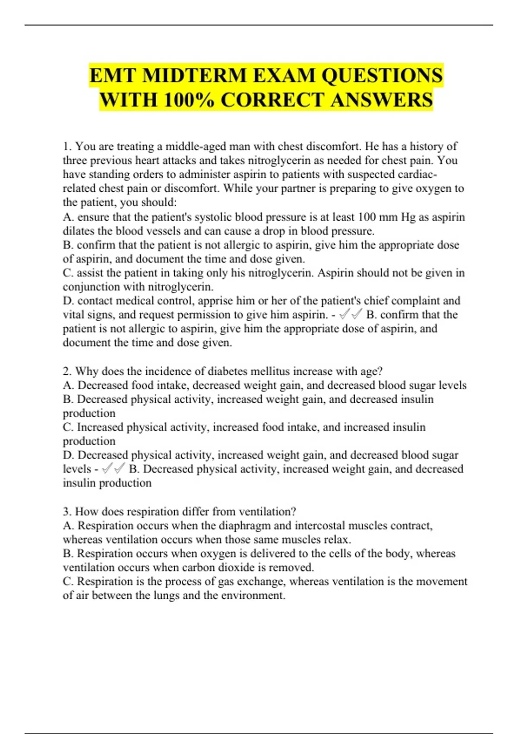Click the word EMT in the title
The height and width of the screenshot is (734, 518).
113,76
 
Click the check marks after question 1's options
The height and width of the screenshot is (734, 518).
351,315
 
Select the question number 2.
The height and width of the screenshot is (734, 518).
67,371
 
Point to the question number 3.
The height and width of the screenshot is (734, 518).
67,512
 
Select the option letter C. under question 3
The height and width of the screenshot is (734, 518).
68,582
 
